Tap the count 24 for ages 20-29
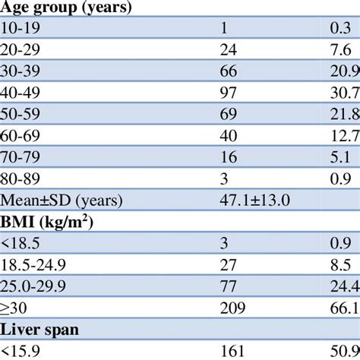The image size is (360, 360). pyautogui.click(x=227, y=49)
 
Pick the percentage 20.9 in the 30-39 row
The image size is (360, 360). pyautogui.click(x=343, y=70)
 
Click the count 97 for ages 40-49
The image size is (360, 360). pyautogui.click(x=227, y=90)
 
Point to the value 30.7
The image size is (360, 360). pyautogui.click(x=343, y=90)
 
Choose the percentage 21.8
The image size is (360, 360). pyautogui.click(x=343, y=111)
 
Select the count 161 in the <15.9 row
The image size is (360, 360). pyautogui.click(x=231, y=351)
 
